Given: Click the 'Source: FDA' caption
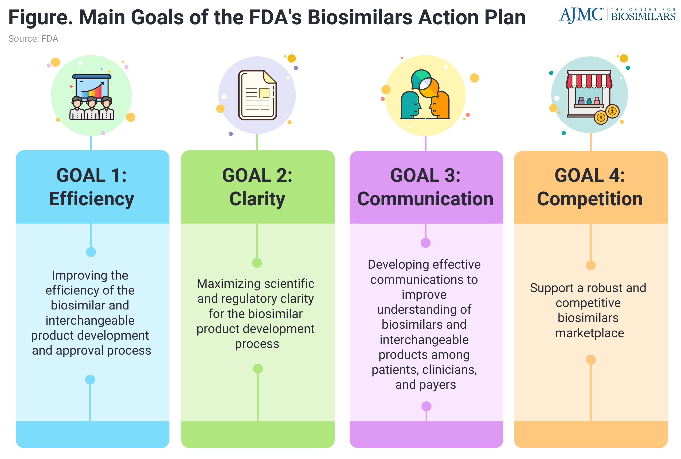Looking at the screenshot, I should [x=33, y=39].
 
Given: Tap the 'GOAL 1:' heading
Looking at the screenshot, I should [x=91, y=175].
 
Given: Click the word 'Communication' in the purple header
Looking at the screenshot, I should [x=425, y=199].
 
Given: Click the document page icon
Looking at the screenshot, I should [x=257, y=95].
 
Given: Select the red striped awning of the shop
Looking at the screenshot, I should [x=589, y=79].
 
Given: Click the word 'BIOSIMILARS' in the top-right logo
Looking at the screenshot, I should [x=643, y=16].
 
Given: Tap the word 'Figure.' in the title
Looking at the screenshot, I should [x=41, y=18].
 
